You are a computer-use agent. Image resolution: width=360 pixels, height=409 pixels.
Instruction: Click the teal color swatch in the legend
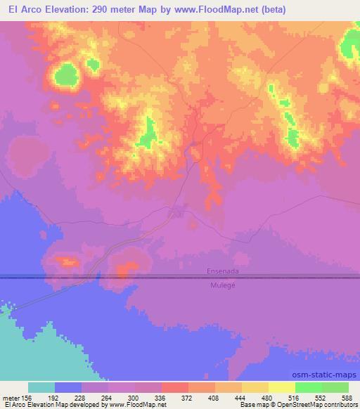pos(41,387)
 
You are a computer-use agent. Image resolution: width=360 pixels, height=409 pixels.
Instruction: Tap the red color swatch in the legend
pos(175,387)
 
